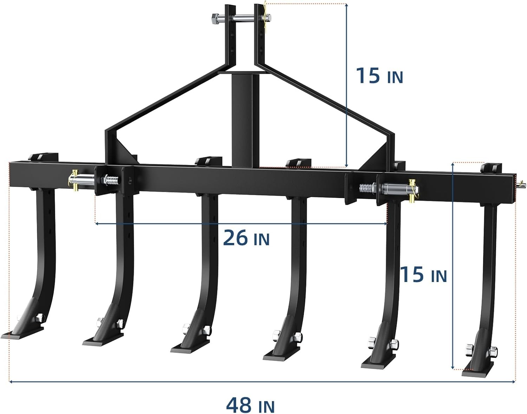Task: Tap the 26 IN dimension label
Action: click(246, 237)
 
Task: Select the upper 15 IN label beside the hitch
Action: click(379, 75)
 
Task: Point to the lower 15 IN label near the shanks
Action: click(423, 274)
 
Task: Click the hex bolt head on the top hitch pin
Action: click(215, 18)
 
